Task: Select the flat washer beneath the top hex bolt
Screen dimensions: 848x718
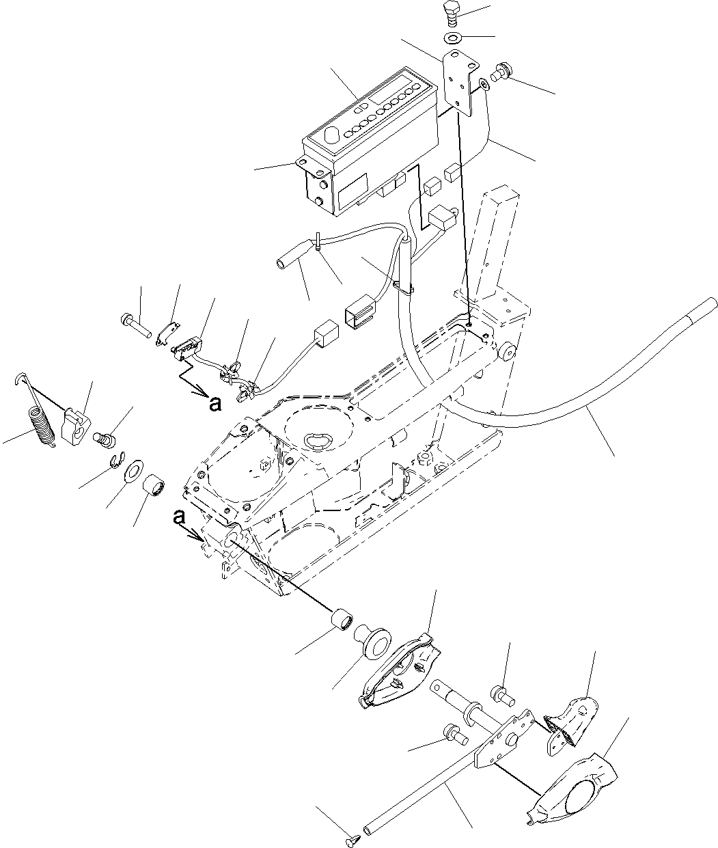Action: pyautogui.click(x=452, y=36)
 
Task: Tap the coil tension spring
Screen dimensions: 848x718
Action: pyautogui.click(x=42, y=427)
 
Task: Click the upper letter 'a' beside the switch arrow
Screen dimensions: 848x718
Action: pyautogui.click(x=215, y=405)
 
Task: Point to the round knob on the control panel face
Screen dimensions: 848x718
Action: pyautogui.click(x=332, y=136)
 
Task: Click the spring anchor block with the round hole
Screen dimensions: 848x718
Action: pyautogui.click(x=77, y=427)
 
